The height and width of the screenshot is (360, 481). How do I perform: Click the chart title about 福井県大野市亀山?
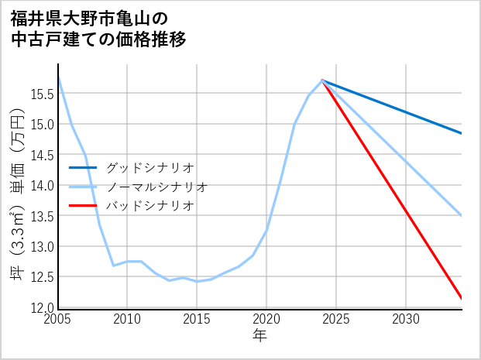pyautogui.click(x=99, y=28)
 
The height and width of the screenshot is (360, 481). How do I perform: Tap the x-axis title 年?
pyautogui.click(x=259, y=335)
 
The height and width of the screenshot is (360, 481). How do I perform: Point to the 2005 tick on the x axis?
pyautogui.click(x=58, y=319)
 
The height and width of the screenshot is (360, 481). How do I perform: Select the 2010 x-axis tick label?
pyautogui.click(x=128, y=319)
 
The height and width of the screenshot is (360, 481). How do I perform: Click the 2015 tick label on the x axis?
pyautogui.click(x=197, y=319)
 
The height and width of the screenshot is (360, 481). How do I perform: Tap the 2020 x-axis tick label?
pyautogui.click(x=266, y=319)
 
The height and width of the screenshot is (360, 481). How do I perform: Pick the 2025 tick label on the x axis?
pyautogui.click(x=336, y=319)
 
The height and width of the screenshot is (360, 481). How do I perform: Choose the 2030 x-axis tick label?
pyautogui.click(x=406, y=319)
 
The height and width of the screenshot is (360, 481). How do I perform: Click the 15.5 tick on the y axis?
pyautogui.click(x=41, y=94)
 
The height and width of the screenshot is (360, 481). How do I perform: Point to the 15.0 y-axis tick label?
pyautogui.click(x=41, y=125)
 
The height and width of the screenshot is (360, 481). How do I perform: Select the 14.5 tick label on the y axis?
pyautogui.click(x=41, y=156)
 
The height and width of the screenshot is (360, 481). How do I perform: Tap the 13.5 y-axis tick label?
pyautogui.click(x=41, y=216)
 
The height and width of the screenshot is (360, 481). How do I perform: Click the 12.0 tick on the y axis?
pyautogui.click(x=41, y=308)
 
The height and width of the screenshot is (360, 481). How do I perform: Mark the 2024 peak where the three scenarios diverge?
pyautogui.click(x=322, y=81)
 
